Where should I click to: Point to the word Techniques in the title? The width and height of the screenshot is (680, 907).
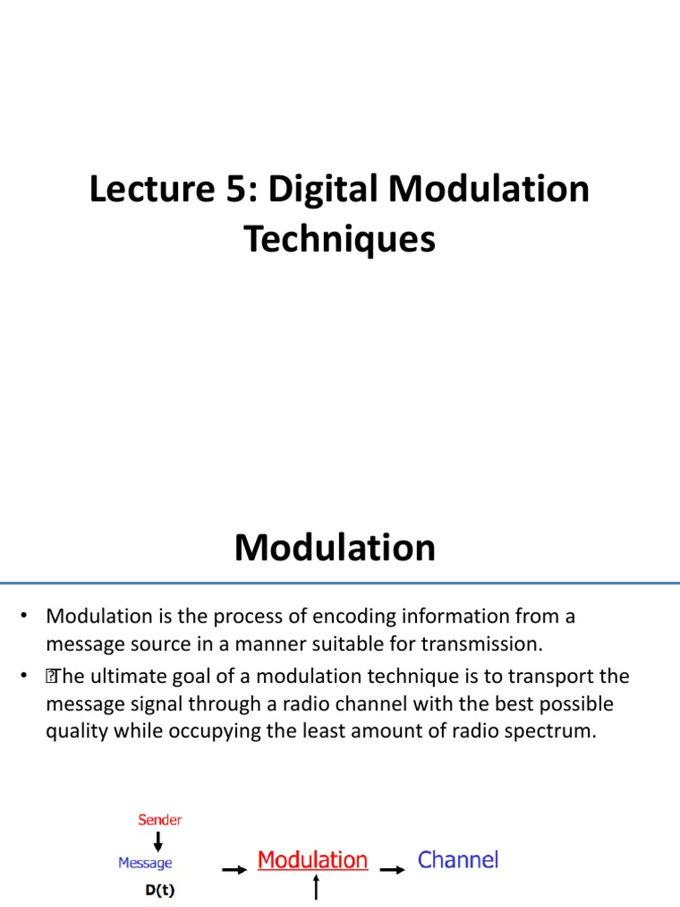coord(340,239)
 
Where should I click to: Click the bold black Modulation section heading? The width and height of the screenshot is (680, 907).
coord(335,548)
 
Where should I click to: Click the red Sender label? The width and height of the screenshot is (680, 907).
coord(160,819)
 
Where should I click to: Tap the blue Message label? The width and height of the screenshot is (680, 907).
coord(145,863)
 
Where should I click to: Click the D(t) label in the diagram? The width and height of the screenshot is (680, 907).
coord(159,891)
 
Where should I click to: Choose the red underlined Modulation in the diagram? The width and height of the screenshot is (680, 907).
coord(312,860)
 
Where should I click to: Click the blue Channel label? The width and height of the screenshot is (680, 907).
coord(458,859)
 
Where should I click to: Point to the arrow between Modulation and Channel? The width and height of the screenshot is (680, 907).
coord(393,870)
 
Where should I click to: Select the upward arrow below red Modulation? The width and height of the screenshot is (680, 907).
coord(316,888)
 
